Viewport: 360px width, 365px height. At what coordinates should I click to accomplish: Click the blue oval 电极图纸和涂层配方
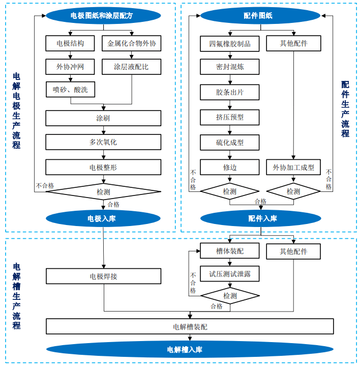tap(103, 16)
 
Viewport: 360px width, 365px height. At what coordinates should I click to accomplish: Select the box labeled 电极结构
tap(70, 43)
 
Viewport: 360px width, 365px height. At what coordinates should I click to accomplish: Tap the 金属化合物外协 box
tap(132, 43)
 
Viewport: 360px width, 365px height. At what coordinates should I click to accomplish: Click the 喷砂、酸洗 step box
tap(70, 90)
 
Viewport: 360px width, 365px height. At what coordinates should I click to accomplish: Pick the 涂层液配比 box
tap(132, 67)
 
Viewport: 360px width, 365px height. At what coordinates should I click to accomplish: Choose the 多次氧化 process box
tap(103, 142)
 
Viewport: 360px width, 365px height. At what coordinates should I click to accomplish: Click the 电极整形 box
tap(103, 167)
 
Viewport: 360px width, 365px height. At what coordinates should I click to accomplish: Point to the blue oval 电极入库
tap(103, 219)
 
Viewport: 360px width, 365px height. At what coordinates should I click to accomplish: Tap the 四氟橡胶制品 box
tap(229, 43)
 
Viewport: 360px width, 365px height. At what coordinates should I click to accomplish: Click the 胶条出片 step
tap(229, 92)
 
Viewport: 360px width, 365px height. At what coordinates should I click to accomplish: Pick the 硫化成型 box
tap(229, 143)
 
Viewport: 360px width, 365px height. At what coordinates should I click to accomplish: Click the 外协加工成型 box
tap(293, 167)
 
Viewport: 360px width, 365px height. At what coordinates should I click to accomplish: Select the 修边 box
tap(229, 167)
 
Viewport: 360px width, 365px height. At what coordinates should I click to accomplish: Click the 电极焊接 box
tap(103, 276)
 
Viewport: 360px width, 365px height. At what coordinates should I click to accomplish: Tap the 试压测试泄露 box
tap(229, 274)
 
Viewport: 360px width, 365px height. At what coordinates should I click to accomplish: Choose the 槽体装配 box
tap(229, 251)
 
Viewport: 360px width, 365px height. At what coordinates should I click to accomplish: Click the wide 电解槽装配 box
tap(190, 326)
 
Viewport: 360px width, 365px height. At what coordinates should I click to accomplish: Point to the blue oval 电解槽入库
tap(190, 350)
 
